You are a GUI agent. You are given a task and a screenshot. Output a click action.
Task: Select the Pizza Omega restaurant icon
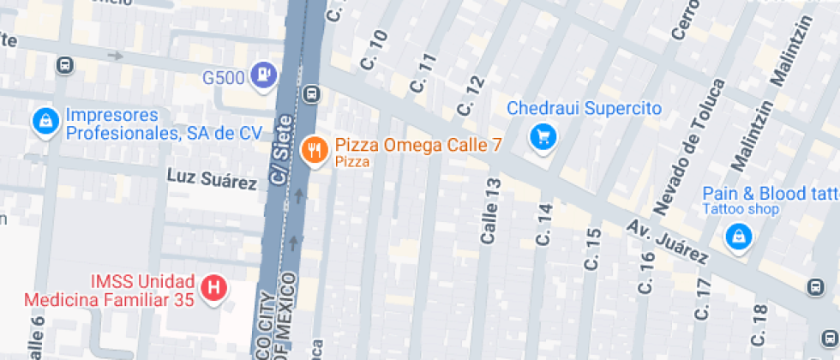click(316, 152)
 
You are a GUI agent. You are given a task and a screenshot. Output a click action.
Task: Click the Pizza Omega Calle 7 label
click(418, 146)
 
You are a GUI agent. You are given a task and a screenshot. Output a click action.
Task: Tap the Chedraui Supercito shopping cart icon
click(543, 136)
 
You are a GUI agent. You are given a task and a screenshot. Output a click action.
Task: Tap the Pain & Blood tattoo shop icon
click(737, 236)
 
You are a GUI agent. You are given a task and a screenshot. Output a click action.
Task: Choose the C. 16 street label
click(648, 273)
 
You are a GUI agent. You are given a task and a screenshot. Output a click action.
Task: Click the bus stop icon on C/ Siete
click(311, 93)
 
